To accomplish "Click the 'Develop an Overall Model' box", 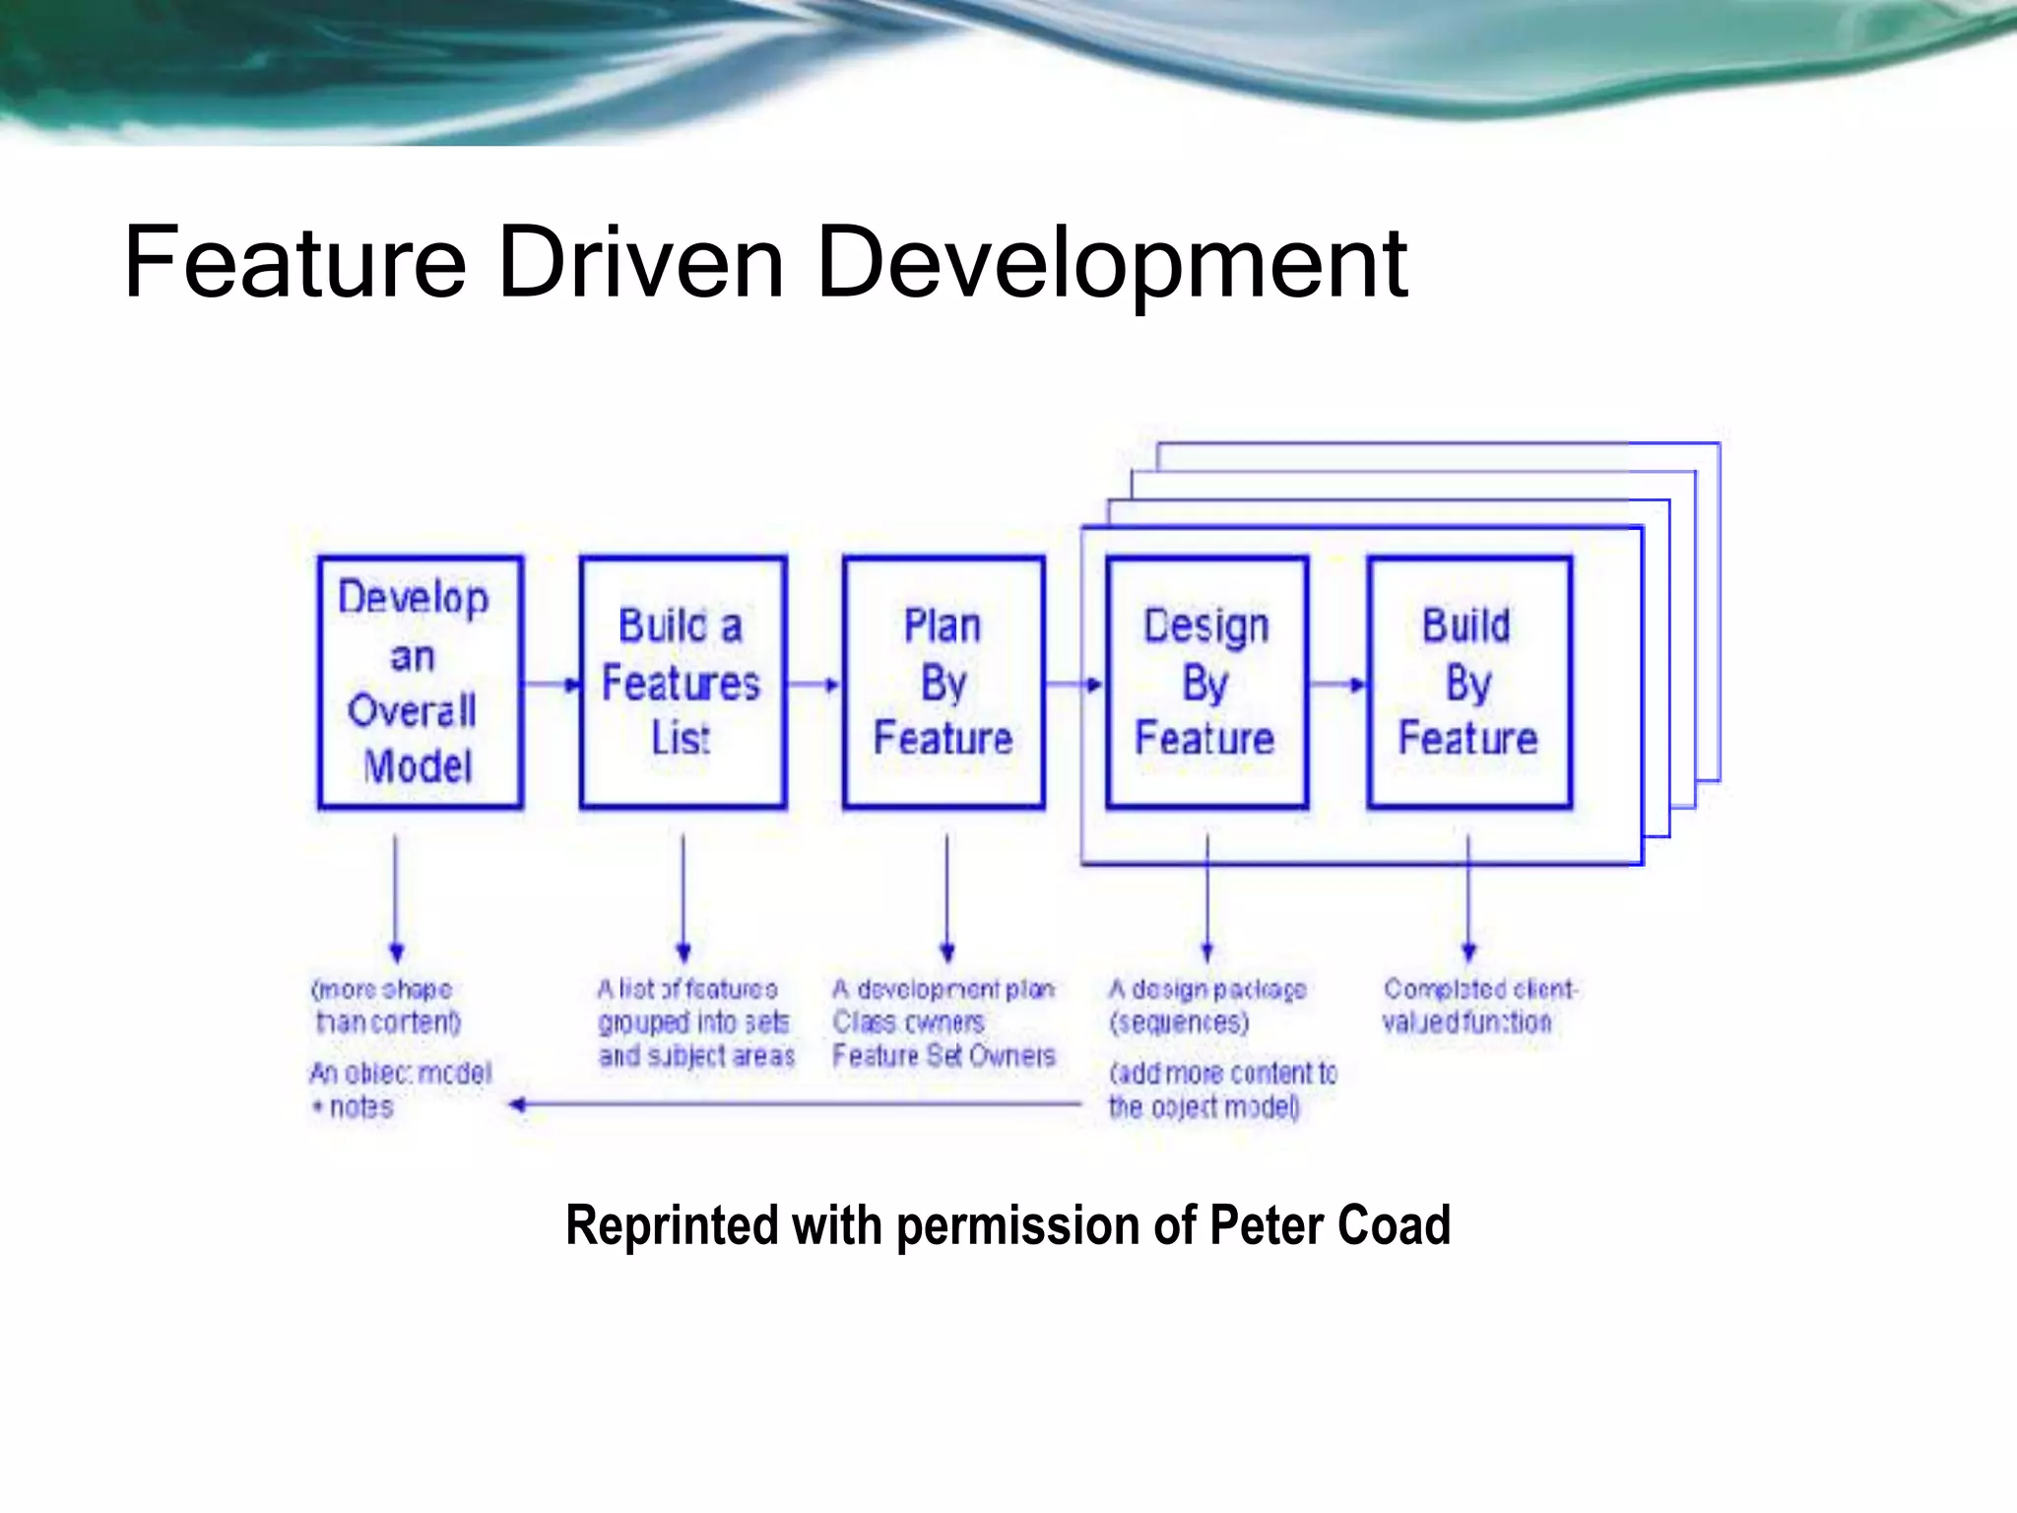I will (420, 682).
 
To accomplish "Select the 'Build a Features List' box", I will (683, 682).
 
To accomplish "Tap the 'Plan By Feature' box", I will (943, 682).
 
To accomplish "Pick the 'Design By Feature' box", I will (1206, 682).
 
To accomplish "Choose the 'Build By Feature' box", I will (1468, 682).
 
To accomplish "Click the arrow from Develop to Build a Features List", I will (551, 684).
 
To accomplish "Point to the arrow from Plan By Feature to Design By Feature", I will (1074, 684).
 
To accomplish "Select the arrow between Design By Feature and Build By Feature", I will (1337, 684).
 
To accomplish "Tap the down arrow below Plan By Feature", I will (947, 896).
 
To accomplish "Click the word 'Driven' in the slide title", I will (641, 263).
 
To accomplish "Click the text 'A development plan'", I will (943, 988).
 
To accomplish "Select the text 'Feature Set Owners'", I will (943, 1056).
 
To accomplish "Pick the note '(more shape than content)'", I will (385, 1005).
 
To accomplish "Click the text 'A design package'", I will (1207, 988).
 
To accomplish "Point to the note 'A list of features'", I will (687, 988).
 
